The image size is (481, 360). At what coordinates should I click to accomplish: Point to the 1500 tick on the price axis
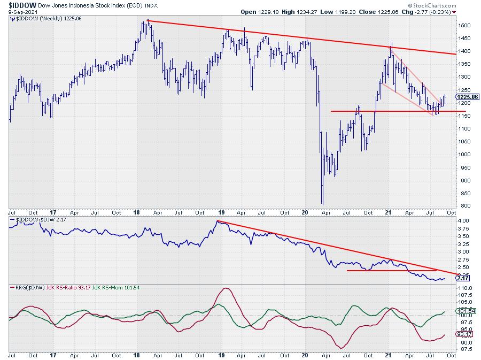(x=464, y=26)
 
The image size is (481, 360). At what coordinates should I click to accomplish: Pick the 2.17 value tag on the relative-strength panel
(x=464, y=279)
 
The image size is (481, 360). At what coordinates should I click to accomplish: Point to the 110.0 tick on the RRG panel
(x=464, y=288)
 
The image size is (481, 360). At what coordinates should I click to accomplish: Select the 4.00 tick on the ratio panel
(x=464, y=220)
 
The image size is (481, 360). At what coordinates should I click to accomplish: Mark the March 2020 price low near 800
(x=322, y=203)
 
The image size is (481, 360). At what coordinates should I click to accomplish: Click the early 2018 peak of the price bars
(x=147, y=21)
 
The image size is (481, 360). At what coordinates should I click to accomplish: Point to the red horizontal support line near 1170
(x=395, y=111)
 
